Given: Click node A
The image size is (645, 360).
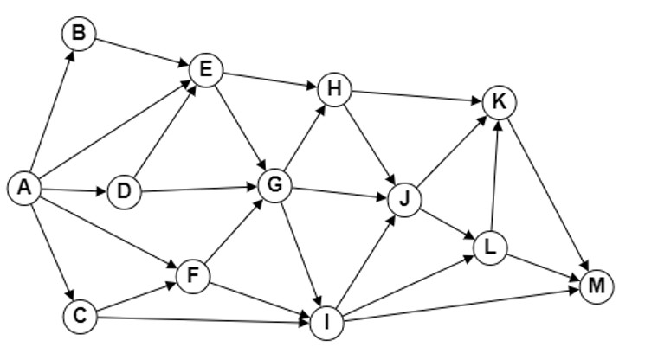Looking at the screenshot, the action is (x=25, y=188).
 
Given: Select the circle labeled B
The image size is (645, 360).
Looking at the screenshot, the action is (x=79, y=34).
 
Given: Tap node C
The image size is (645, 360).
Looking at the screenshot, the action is (x=81, y=317).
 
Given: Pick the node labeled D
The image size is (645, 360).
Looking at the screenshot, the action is (x=124, y=192).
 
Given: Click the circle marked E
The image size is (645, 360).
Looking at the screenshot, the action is (x=206, y=70).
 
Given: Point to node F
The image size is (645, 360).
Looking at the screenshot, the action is (x=193, y=276).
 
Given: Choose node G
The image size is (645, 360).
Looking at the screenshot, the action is (x=274, y=185).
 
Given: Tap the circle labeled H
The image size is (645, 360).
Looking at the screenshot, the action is (x=335, y=89).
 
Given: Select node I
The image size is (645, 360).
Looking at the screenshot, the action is (x=326, y=323).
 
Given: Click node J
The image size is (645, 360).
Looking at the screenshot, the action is (x=405, y=200).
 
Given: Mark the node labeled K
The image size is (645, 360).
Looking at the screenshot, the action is (x=500, y=102).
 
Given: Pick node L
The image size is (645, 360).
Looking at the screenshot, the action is (x=490, y=248).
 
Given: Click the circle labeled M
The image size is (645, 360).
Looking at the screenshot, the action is (x=597, y=286).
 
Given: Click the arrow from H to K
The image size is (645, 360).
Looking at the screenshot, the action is (x=416, y=96).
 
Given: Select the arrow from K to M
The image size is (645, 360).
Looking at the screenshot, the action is (x=548, y=195).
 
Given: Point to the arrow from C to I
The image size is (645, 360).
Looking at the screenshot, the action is (x=203, y=319).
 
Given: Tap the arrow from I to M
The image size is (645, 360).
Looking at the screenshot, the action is (x=461, y=305).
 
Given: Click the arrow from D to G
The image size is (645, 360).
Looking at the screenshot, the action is (x=199, y=189).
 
